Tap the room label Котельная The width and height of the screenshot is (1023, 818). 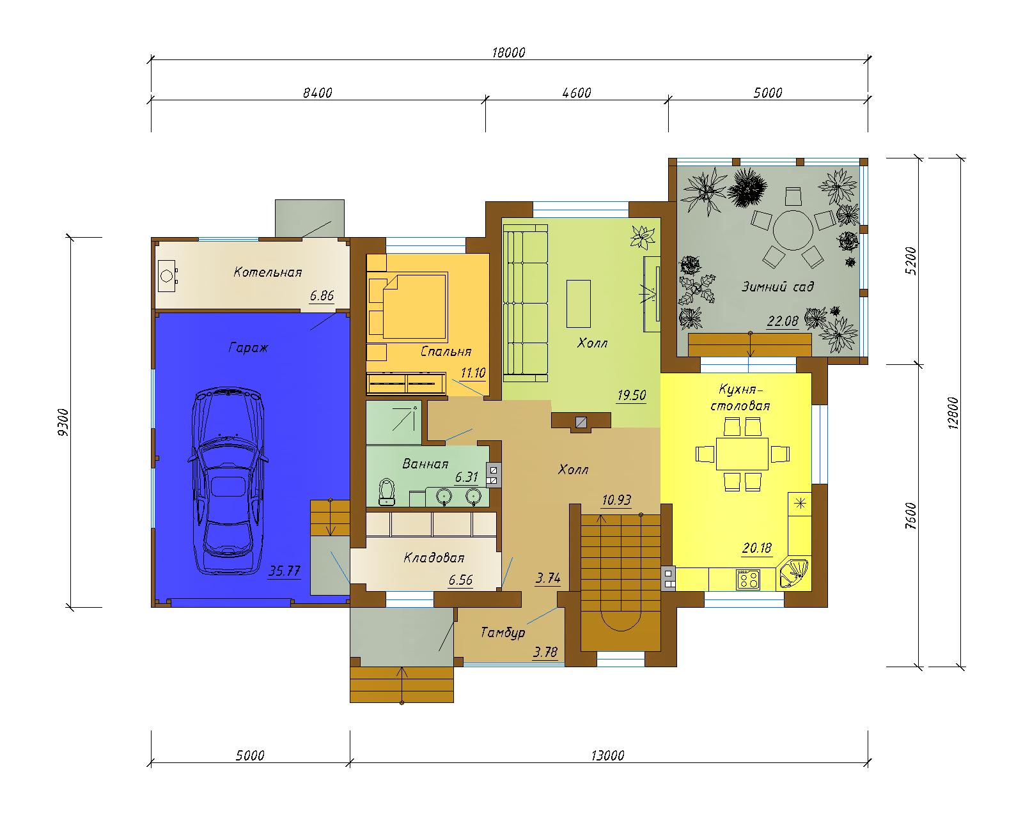coord(268,272)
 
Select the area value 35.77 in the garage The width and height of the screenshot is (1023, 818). coord(285,571)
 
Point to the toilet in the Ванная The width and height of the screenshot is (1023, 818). coord(387,492)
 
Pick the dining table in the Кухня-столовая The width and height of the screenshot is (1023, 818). coord(742,454)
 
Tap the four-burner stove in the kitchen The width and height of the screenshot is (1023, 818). coord(748,579)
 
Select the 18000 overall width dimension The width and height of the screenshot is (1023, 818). coord(508,52)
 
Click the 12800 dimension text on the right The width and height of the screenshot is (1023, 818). coord(953,413)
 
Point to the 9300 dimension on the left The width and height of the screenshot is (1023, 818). coord(63,422)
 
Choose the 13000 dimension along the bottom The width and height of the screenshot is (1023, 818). coord(607,755)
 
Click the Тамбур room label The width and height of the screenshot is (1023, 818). coord(503,632)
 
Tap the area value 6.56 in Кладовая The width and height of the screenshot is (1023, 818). coord(460,580)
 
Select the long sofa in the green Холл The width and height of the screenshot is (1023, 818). coord(526,303)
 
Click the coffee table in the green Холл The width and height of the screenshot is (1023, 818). coord(578,304)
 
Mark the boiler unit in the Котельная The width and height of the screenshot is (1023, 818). coord(168,275)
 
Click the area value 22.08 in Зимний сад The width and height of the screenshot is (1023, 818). coord(783,321)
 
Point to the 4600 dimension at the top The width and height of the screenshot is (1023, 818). coord(576,93)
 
